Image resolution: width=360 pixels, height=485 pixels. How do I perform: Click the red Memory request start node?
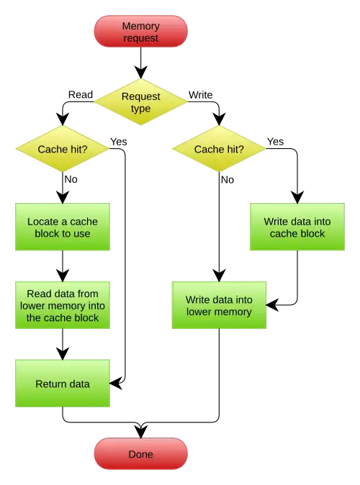coord(141,32)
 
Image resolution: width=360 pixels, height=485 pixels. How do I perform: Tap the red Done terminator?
coord(141,454)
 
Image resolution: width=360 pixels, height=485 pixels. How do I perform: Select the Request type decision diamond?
coord(141,102)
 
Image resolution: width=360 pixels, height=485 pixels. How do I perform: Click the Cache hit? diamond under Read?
coord(63,149)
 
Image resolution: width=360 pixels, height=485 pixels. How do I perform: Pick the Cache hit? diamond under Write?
coord(219,149)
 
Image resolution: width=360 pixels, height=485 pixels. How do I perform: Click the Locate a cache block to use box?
coord(63,227)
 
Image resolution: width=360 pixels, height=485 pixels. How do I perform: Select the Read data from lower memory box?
coord(63,305)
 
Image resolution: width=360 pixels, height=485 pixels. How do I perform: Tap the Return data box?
coord(63,384)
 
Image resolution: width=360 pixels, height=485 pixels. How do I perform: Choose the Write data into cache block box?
coord(297,227)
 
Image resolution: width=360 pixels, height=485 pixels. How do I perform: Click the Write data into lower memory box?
coord(219,305)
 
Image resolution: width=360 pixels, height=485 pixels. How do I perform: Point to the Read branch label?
coord(81,94)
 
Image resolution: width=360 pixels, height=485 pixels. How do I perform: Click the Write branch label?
coord(201,95)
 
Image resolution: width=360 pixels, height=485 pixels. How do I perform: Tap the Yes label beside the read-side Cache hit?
coord(119,142)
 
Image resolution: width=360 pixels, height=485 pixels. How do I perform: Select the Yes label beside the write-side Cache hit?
coord(276,142)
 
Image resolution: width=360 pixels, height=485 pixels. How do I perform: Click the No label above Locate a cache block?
coord(71,179)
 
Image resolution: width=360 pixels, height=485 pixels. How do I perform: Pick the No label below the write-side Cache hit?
coord(228,180)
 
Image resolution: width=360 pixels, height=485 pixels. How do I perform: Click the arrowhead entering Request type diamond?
coord(141,73)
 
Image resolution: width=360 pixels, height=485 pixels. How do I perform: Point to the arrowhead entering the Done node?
coord(141,432)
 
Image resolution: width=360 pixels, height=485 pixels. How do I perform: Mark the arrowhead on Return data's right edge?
coord(117,384)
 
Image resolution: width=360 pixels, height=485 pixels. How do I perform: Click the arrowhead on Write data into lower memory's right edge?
coord(273,305)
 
